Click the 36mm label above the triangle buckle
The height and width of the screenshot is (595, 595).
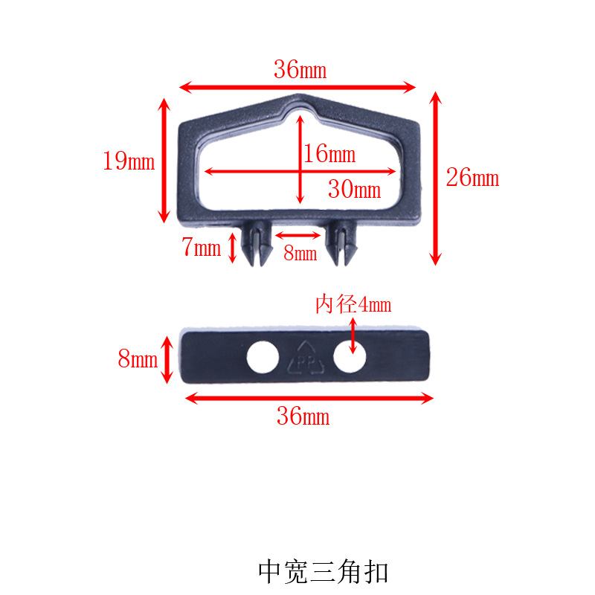pyautogui.click(x=300, y=71)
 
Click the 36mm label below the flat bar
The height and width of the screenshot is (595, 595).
pyautogui.click(x=303, y=416)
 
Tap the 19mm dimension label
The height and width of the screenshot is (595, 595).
pyautogui.click(x=129, y=161)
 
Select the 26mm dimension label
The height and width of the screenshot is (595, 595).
pyautogui.click(x=472, y=178)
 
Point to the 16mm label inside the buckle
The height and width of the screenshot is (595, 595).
pyautogui.click(x=329, y=155)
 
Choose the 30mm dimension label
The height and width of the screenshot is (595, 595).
pyautogui.click(x=354, y=190)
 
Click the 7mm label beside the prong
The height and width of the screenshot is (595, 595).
pyautogui.click(x=202, y=248)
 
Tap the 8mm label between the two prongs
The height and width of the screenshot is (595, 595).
pyautogui.click(x=300, y=254)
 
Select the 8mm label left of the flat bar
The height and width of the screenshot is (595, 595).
pyautogui.click(x=138, y=360)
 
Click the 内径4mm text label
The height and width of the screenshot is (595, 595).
pyautogui.click(x=353, y=305)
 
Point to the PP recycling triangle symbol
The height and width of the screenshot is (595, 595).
pyautogui.click(x=306, y=358)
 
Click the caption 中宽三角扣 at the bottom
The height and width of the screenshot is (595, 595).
pyautogui.click(x=323, y=571)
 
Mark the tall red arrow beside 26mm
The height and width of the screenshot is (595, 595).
pyautogui.click(x=436, y=178)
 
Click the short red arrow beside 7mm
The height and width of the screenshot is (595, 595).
pyautogui.click(x=232, y=248)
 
